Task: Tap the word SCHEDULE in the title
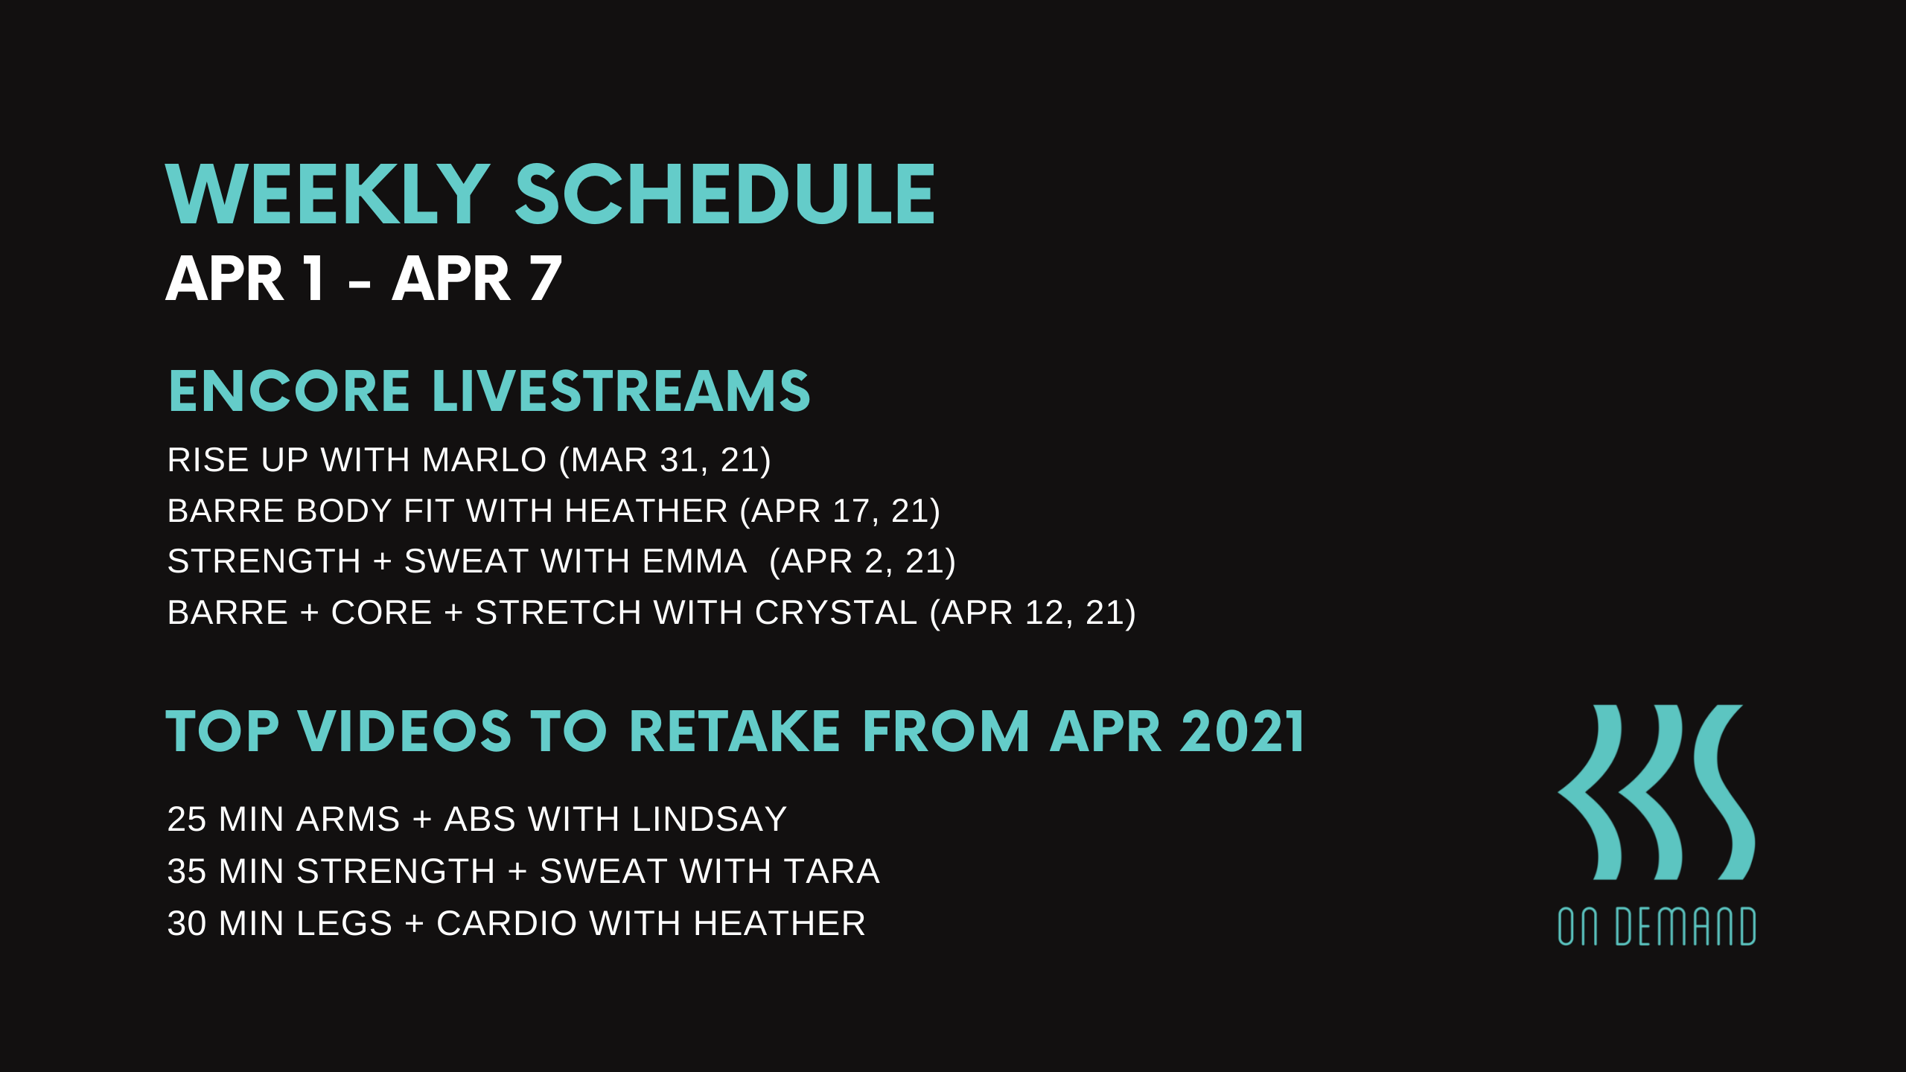pos(724,195)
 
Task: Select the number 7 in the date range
pos(545,279)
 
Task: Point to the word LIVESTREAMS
pos(621,392)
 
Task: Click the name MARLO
pos(484,460)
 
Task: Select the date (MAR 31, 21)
pos(665,460)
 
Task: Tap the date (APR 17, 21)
pos(840,511)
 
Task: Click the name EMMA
pos(694,561)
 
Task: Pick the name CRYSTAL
pos(835,613)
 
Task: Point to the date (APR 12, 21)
pos(1033,613)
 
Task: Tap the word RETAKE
pos(734,732)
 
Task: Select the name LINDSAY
pos(709,820)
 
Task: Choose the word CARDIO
pos(506,924)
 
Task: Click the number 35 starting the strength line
pos(187,872)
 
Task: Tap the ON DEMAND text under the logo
pos(1657,927)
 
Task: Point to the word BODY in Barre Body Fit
pos(344,511)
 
